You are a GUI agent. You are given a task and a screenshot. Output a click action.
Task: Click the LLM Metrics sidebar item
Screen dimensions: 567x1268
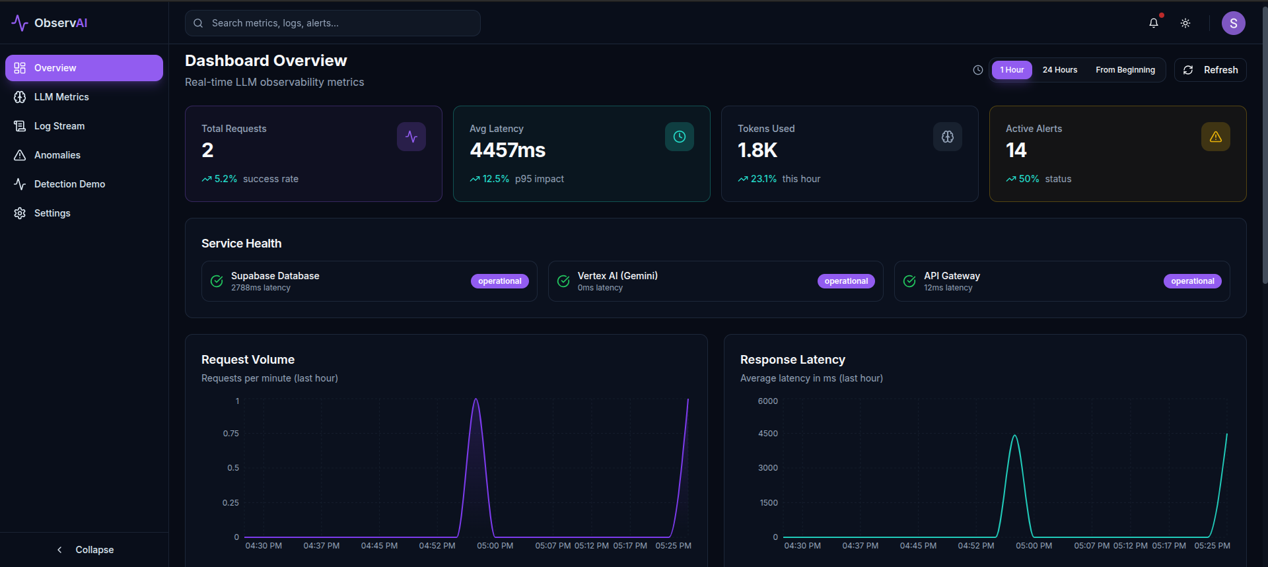(x=61, y=97)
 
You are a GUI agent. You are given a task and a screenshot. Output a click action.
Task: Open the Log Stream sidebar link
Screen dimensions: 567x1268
(x=59, y=126)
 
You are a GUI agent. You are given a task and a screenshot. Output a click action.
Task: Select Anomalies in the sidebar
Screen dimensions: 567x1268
(x=57, y=155)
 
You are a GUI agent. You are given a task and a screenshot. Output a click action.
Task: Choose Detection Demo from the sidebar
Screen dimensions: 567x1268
(x=69, y=184)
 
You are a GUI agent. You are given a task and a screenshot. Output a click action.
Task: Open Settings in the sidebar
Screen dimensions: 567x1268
(x=52, y=213)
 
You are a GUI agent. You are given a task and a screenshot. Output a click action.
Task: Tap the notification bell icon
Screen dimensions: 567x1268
(x=1153, y=23)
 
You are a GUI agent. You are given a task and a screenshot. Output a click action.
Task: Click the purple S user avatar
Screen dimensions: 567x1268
(x=1233, y=23)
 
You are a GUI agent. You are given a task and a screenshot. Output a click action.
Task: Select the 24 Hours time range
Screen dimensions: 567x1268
(x=1059, y=70)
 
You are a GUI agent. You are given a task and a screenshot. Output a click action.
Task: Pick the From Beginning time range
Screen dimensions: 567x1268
(x=1125, y=70)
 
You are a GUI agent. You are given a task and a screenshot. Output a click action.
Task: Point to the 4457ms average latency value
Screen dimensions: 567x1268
(x=507, y=150)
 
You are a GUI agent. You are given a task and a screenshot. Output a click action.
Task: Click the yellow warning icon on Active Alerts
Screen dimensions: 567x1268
(x=1215, y=137)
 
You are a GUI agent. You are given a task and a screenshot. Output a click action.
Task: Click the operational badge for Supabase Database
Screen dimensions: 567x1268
(x=499, y=281)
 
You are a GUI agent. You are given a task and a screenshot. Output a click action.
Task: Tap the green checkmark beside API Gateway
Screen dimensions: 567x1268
(x=909, y=281)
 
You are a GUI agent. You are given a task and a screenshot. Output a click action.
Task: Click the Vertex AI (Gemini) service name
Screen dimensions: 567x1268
(x=617, y=276)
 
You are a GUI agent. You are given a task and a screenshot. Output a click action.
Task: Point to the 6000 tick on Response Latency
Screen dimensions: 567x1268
(x=767, y=401)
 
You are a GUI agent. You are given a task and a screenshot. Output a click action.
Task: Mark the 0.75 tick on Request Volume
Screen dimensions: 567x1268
(x=230, y=434)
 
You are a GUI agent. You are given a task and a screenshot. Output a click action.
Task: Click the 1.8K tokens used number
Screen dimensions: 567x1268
(x=757, y=150)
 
